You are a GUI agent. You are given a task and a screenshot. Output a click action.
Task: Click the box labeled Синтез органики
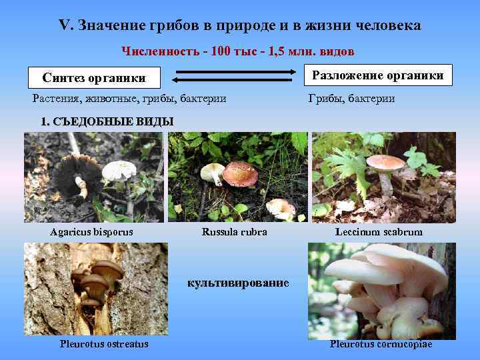coord(94,77)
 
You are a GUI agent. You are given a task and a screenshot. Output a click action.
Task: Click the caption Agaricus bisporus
coord(92,232)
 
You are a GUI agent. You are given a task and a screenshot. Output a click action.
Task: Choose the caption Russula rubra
coord(234,232)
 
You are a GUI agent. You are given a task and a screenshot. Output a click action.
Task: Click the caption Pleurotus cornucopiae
coord(381,344)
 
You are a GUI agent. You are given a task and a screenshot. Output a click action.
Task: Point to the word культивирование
coord(238,283)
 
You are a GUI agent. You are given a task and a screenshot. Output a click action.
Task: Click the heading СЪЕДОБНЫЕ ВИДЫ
coord(107,121)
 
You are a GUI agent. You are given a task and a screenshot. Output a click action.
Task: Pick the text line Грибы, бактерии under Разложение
coord(351,99)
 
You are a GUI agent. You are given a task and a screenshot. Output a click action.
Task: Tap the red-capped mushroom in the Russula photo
coord(239,174)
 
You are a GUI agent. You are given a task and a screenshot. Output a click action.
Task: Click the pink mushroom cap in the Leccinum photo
coord(385,162)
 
